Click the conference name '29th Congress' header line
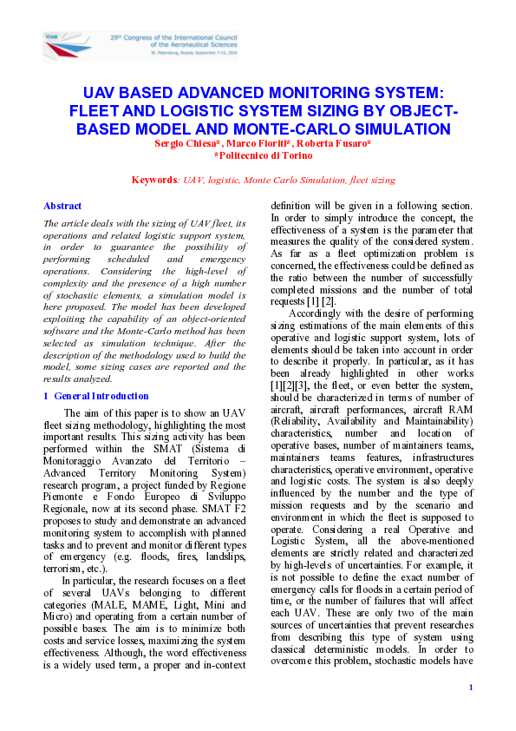173,38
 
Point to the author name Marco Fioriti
259,142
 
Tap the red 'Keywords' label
153,180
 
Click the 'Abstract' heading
62,206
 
